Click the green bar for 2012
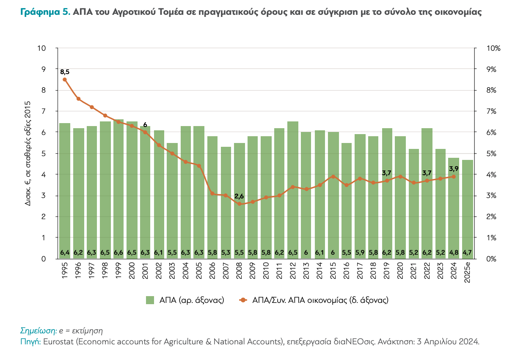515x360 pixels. click(292, 190)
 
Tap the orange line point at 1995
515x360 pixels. click(65, 80)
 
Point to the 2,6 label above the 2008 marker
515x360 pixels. click(239, 196)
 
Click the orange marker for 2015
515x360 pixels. click(333, 176)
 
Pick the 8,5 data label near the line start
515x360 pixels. click(65, 72)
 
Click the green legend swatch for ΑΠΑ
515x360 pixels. click(150, 300)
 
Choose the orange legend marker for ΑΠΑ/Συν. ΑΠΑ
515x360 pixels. click(242, 300)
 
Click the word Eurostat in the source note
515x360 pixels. click(57, 341)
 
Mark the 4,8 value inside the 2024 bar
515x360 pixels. click(454, 253)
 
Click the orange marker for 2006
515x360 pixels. click(212, 193)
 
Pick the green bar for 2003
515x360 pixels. click(172, 201)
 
